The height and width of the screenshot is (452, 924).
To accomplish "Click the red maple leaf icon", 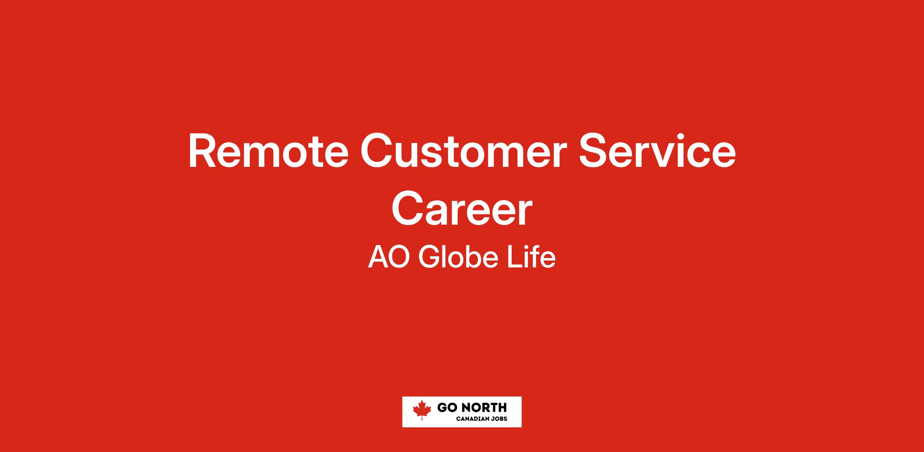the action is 422,410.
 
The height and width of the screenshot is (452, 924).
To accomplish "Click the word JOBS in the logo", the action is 500,419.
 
